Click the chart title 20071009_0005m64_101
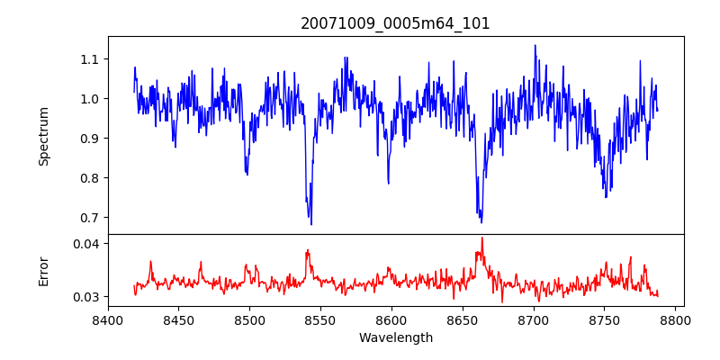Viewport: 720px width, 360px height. (395, 23)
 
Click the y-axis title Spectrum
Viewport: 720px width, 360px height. (44, 136)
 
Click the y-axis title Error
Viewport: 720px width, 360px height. (44, 270)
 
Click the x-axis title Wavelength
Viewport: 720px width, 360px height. (395, 338)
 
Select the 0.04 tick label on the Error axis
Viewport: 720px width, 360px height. (86, 244)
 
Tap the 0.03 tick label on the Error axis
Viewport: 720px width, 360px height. (86, 297)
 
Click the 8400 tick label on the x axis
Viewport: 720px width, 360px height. (108, 319)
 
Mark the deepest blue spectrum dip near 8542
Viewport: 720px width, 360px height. (311, 224)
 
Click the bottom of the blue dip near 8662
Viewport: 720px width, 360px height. (481, 222)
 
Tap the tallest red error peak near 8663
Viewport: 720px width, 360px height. (481, 238)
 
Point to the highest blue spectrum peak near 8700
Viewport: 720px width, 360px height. (535, 45)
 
